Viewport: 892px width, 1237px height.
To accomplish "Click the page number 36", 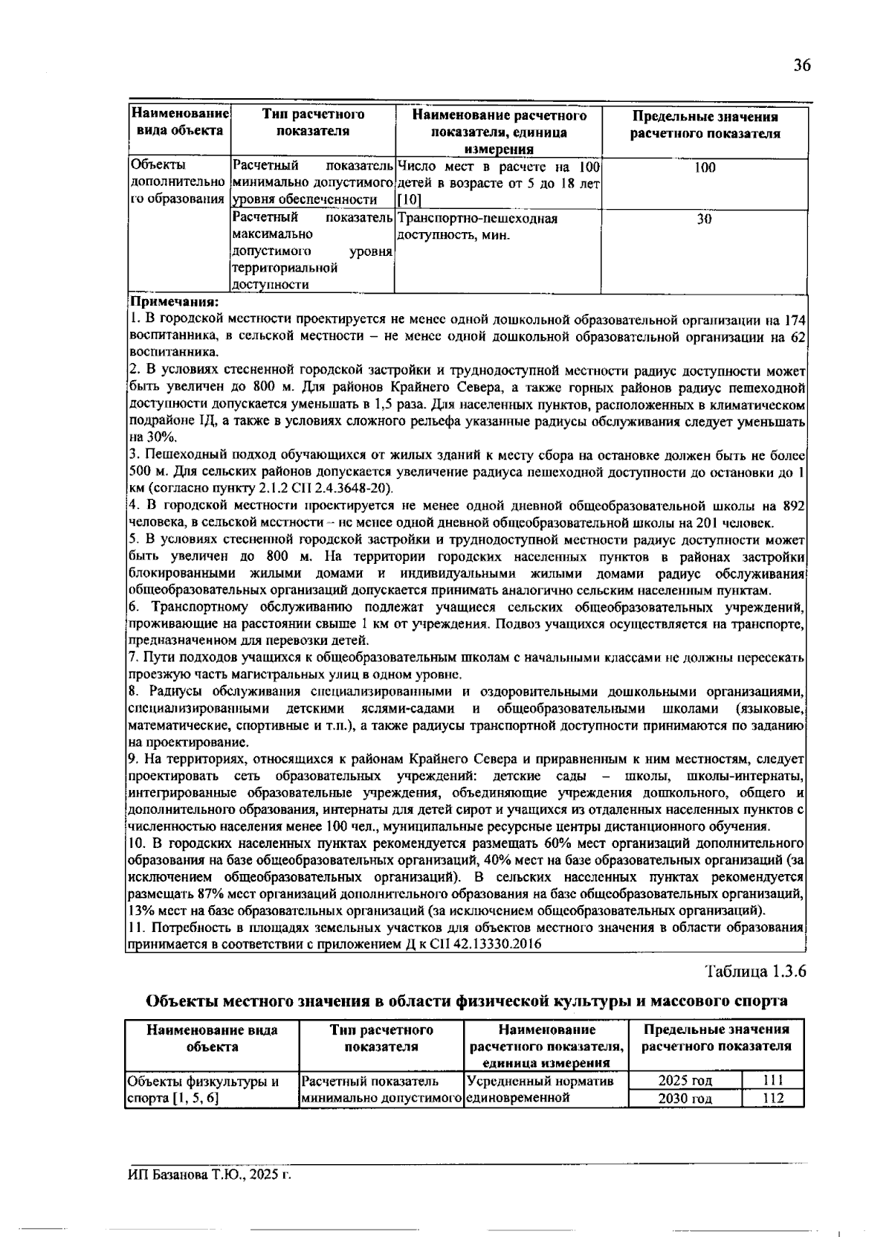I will coord(801,65).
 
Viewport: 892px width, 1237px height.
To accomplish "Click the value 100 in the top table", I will coord(705,168).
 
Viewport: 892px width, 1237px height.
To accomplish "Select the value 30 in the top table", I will coord(705,219).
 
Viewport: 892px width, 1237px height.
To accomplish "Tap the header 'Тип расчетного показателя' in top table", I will coord(313,123).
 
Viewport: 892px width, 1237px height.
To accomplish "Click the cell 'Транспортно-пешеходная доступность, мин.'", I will coord(477,228).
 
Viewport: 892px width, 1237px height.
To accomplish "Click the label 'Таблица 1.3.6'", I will coord(756,971).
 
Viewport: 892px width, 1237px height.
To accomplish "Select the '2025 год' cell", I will coord(685,1081).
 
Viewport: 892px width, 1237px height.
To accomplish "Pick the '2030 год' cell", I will coord(685,1099).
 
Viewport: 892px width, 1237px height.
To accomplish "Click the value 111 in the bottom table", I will coord(774,1081).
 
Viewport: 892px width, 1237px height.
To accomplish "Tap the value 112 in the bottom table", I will coord(774,1099).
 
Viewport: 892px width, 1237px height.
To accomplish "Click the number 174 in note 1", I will coord(795,321).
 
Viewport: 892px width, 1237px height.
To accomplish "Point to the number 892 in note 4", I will coord(795,506).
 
